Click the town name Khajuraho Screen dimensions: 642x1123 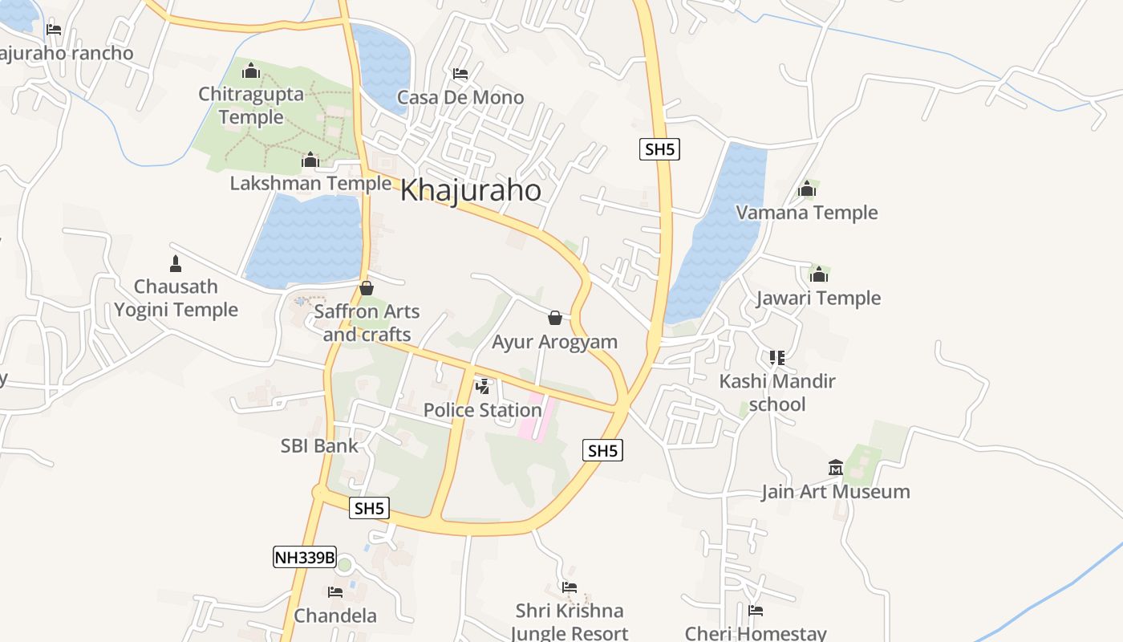(470, 190)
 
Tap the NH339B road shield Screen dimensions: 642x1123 (304, 557)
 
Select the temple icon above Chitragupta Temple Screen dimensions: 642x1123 (251, 71)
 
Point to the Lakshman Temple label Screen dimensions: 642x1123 (310, 183)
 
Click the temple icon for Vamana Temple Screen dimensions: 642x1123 (807, 189)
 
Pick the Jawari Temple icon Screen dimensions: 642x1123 (818, 274)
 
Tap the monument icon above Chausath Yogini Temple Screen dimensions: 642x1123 (176, 263)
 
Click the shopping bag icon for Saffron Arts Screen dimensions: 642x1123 (367, 288)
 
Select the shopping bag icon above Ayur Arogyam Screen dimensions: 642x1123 (554, 319)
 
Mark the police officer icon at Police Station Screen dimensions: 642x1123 (483, 387)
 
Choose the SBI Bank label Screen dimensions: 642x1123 (319, 445)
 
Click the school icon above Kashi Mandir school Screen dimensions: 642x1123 (776, 358)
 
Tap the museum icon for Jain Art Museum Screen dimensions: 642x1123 (836, 468)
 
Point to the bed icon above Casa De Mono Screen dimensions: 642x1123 (460, 75)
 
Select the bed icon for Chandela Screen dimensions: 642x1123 (335, 592)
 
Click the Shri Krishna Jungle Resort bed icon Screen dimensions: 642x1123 (570, 587)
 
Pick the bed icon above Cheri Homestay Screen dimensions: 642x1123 (756, 611)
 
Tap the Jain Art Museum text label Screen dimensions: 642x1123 (836, 491)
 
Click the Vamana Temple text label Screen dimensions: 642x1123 (807, 213)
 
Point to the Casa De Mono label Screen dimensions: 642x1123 (460, 98)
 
